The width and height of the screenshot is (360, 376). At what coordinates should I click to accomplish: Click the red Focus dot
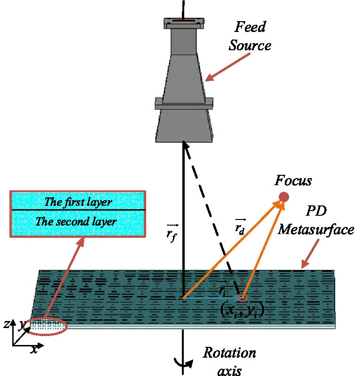point(283,196)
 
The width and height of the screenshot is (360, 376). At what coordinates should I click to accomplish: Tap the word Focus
point(294,181)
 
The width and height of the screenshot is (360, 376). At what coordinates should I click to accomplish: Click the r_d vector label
point(240,227)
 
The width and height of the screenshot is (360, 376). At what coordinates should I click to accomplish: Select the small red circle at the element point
point(243,298)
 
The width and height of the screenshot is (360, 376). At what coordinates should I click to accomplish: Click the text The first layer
point(78,203)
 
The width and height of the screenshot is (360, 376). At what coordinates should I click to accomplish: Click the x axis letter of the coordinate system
point(34,350)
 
